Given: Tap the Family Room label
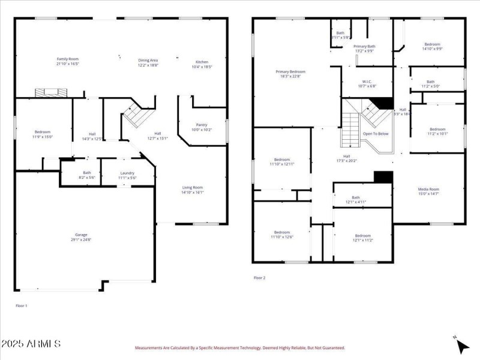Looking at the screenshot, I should pos(68,59).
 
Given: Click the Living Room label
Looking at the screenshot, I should pos(193,188).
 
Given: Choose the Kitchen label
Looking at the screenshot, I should pos(202,62).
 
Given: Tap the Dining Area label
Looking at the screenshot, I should pos(148,60).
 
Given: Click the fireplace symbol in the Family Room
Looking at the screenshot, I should pos(50,92).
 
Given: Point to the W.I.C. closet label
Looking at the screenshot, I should pos(368,82).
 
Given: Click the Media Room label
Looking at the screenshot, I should pos(428,190).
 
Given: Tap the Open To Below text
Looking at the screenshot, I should pos(376,134).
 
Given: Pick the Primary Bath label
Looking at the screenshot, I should pos(364,46).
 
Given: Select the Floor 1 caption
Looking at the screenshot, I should pos(22,306).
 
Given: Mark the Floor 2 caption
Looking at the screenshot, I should pos(259,278).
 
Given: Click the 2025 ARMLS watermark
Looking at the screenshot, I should pos(31,344).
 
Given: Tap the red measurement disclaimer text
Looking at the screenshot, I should pos(239,348).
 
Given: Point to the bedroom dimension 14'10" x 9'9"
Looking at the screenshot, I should pos(432,49).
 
